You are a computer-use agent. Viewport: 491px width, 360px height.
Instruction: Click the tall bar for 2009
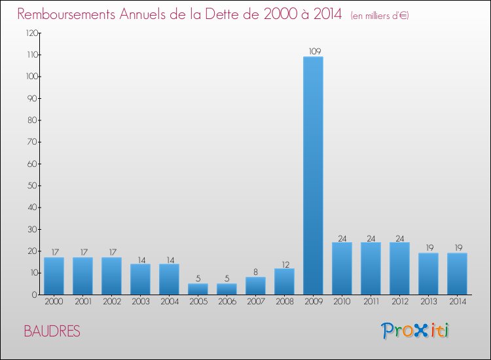point(313,175)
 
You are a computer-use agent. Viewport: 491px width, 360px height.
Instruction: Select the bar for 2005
point(198,289)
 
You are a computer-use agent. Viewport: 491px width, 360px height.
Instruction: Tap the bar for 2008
point(284,281)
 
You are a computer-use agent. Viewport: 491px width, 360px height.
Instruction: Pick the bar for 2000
point(54,276)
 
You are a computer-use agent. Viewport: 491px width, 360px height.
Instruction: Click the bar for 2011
point(371,268)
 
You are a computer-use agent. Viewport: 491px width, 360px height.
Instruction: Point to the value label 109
point(313,51)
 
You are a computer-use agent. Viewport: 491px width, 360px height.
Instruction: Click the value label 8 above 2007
point(255,272)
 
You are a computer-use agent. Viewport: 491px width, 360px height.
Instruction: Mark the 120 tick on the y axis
point(31,33)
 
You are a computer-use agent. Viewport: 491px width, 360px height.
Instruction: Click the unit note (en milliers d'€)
point(380,15)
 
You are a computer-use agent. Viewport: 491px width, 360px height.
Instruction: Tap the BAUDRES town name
point(52,331)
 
